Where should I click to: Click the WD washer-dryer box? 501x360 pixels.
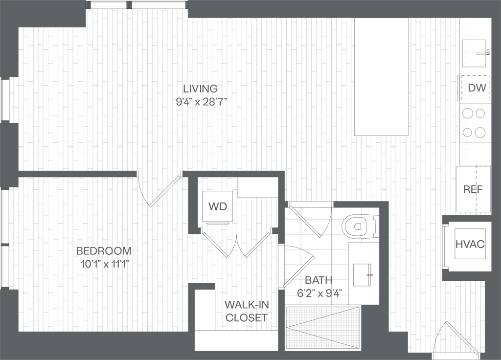coord(218,206)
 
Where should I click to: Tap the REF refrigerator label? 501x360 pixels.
coord(473,189)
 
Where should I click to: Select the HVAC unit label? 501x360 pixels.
coord(470,244)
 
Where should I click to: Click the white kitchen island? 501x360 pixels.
coord(381,77)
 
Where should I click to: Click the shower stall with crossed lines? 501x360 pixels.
coord(323,327)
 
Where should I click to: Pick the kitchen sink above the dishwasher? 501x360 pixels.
coord(474,52)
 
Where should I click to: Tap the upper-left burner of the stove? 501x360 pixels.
coord(468,113)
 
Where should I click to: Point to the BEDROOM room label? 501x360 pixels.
coord(105,251)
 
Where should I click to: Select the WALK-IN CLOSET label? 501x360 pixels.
coord(247,312)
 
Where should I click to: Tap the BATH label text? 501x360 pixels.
coord(319,281)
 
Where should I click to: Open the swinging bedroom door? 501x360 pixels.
coord(164,191)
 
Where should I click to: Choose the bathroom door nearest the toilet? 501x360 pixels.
coord(306,222)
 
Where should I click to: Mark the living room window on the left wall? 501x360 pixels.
coord(6,99)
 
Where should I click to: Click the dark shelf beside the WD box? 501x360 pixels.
coord(257,187)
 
